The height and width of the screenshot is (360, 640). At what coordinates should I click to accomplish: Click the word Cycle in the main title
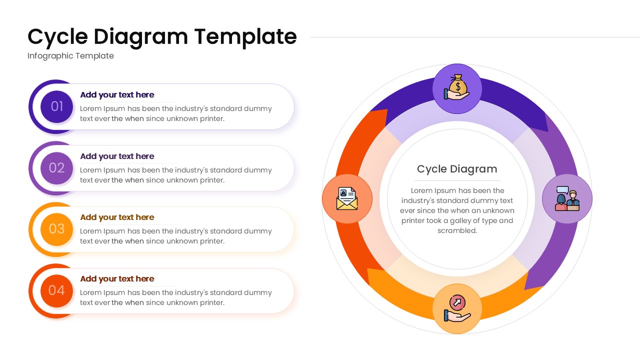[x=57, y=37]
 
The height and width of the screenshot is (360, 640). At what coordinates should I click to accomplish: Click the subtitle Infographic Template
[x=70, y=56]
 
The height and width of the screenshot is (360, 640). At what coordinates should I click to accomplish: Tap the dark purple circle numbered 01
[x=56, y=106]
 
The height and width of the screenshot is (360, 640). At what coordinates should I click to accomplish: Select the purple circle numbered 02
[x=56, y=168]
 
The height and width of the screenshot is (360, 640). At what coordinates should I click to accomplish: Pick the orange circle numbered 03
[x=56, y=229]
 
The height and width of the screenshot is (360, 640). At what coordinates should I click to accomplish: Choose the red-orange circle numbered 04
[x=56, y=290]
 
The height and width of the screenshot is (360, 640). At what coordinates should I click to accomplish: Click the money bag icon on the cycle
[x=457, y=88]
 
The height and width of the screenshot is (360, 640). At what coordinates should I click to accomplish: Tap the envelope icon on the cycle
[x=347, y=198]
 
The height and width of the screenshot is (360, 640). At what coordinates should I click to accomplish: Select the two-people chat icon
[x=567, y=198]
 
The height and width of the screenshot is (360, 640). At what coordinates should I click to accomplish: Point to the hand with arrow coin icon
[x=457, y=308]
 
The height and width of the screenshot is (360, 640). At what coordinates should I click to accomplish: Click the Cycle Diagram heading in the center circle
[x=457, y=169]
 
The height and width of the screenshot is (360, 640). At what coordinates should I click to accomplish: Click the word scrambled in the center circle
[x=457, y=230]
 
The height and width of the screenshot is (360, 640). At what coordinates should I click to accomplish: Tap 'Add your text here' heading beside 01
[x=117, y=95]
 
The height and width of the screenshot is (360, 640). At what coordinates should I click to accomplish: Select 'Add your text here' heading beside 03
[x=117, y=217]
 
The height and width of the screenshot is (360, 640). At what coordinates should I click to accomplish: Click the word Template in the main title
[x=245, y=37]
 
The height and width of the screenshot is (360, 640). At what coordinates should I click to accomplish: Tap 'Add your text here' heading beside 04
[x=117, y=279]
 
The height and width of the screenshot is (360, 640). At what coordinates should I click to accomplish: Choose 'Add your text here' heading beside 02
[x=117, y=156]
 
